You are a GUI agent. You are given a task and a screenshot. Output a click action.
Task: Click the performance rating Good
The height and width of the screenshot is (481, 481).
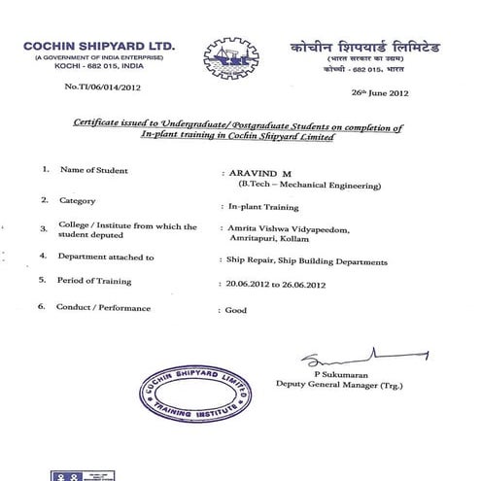[x=234, y=311]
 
